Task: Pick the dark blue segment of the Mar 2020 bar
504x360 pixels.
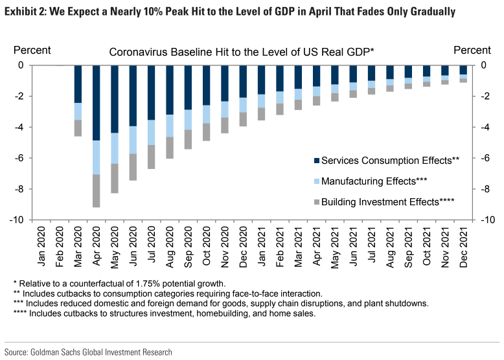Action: (x=78, y=84)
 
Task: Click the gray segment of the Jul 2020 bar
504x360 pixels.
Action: (x=151, y=157)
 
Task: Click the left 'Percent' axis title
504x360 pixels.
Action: (x=32, y=50)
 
